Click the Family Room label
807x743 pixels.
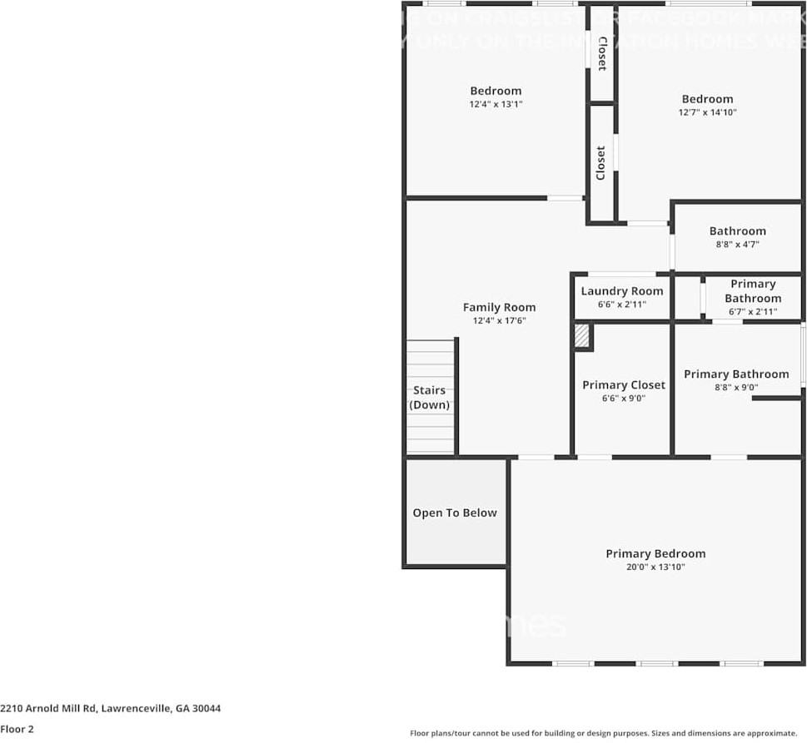pos(499,307)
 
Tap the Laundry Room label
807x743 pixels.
pos(622,290)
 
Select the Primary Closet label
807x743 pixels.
pos(624,384)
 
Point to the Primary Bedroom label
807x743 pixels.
pos(655,553)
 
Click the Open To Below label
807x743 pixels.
pos(455,513)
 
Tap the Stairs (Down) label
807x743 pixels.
pos(430,398)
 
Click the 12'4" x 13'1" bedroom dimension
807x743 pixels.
pos(496,104)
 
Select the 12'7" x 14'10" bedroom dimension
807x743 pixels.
pos(707,112)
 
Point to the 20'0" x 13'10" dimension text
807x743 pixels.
pos(655,567)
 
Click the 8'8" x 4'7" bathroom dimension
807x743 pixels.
pos(737,245)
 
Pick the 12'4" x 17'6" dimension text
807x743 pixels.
pos(499,320)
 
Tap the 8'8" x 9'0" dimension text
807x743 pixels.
pos(736,388)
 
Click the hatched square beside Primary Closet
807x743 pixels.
pos(581,335)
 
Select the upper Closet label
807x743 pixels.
pos(601,53)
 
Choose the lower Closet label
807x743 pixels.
pos(601,163)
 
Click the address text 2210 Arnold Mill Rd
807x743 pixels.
pos(111,708)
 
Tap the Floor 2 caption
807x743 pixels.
pos(17,729)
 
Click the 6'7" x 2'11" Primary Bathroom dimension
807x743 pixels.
pos(753,312)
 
